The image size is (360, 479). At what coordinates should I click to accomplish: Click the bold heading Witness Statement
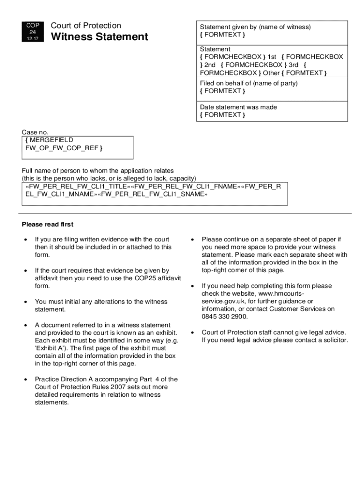(x=99, y=37)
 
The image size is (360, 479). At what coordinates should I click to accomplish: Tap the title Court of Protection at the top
(x=86, y=26)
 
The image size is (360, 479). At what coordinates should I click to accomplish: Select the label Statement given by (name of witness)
(x=255, y=27)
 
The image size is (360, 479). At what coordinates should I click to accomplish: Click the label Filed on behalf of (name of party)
(x=249, y=83)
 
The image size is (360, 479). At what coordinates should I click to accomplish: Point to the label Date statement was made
(x=238, y=107)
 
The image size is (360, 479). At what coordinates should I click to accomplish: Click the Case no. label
(x=35, y=132)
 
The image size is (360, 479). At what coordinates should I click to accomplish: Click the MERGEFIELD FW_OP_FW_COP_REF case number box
(x=77, y=147)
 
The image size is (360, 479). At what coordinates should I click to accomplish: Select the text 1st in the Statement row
(x=272, y=57)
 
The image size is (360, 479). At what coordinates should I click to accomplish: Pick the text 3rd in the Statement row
(x=294, y=65)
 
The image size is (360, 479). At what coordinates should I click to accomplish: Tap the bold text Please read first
(x=48, y=225)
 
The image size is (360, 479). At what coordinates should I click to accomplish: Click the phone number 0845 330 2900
(x=225, y=317)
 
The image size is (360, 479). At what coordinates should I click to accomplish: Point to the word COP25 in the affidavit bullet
(x=122, y=278)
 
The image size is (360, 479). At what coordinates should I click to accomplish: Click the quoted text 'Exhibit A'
(x=50, y=348)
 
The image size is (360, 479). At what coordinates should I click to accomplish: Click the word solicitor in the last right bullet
(x=334, y=340)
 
